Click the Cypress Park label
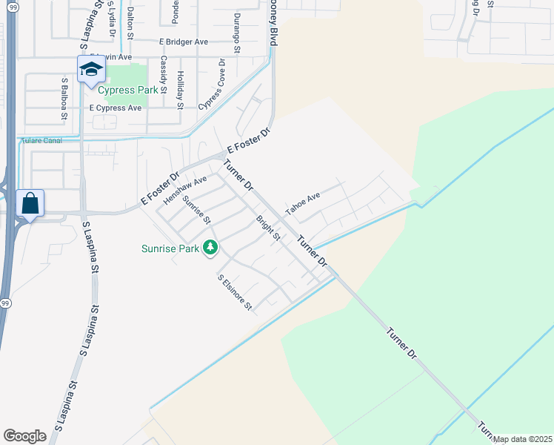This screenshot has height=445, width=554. point(127,90)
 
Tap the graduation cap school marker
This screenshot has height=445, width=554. point(91,70)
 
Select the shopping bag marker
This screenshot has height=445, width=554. point(30,202)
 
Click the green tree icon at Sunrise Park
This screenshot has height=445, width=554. point(211,247)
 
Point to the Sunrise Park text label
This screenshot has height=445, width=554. point(170,249)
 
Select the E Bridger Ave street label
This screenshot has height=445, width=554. point(183,42)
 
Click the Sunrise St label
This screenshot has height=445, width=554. point(197,211)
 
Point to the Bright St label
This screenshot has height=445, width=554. point(267,228)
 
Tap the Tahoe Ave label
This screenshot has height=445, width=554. point(303,204)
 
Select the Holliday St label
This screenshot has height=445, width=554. point(180,90)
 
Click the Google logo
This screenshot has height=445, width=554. point(24,436)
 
